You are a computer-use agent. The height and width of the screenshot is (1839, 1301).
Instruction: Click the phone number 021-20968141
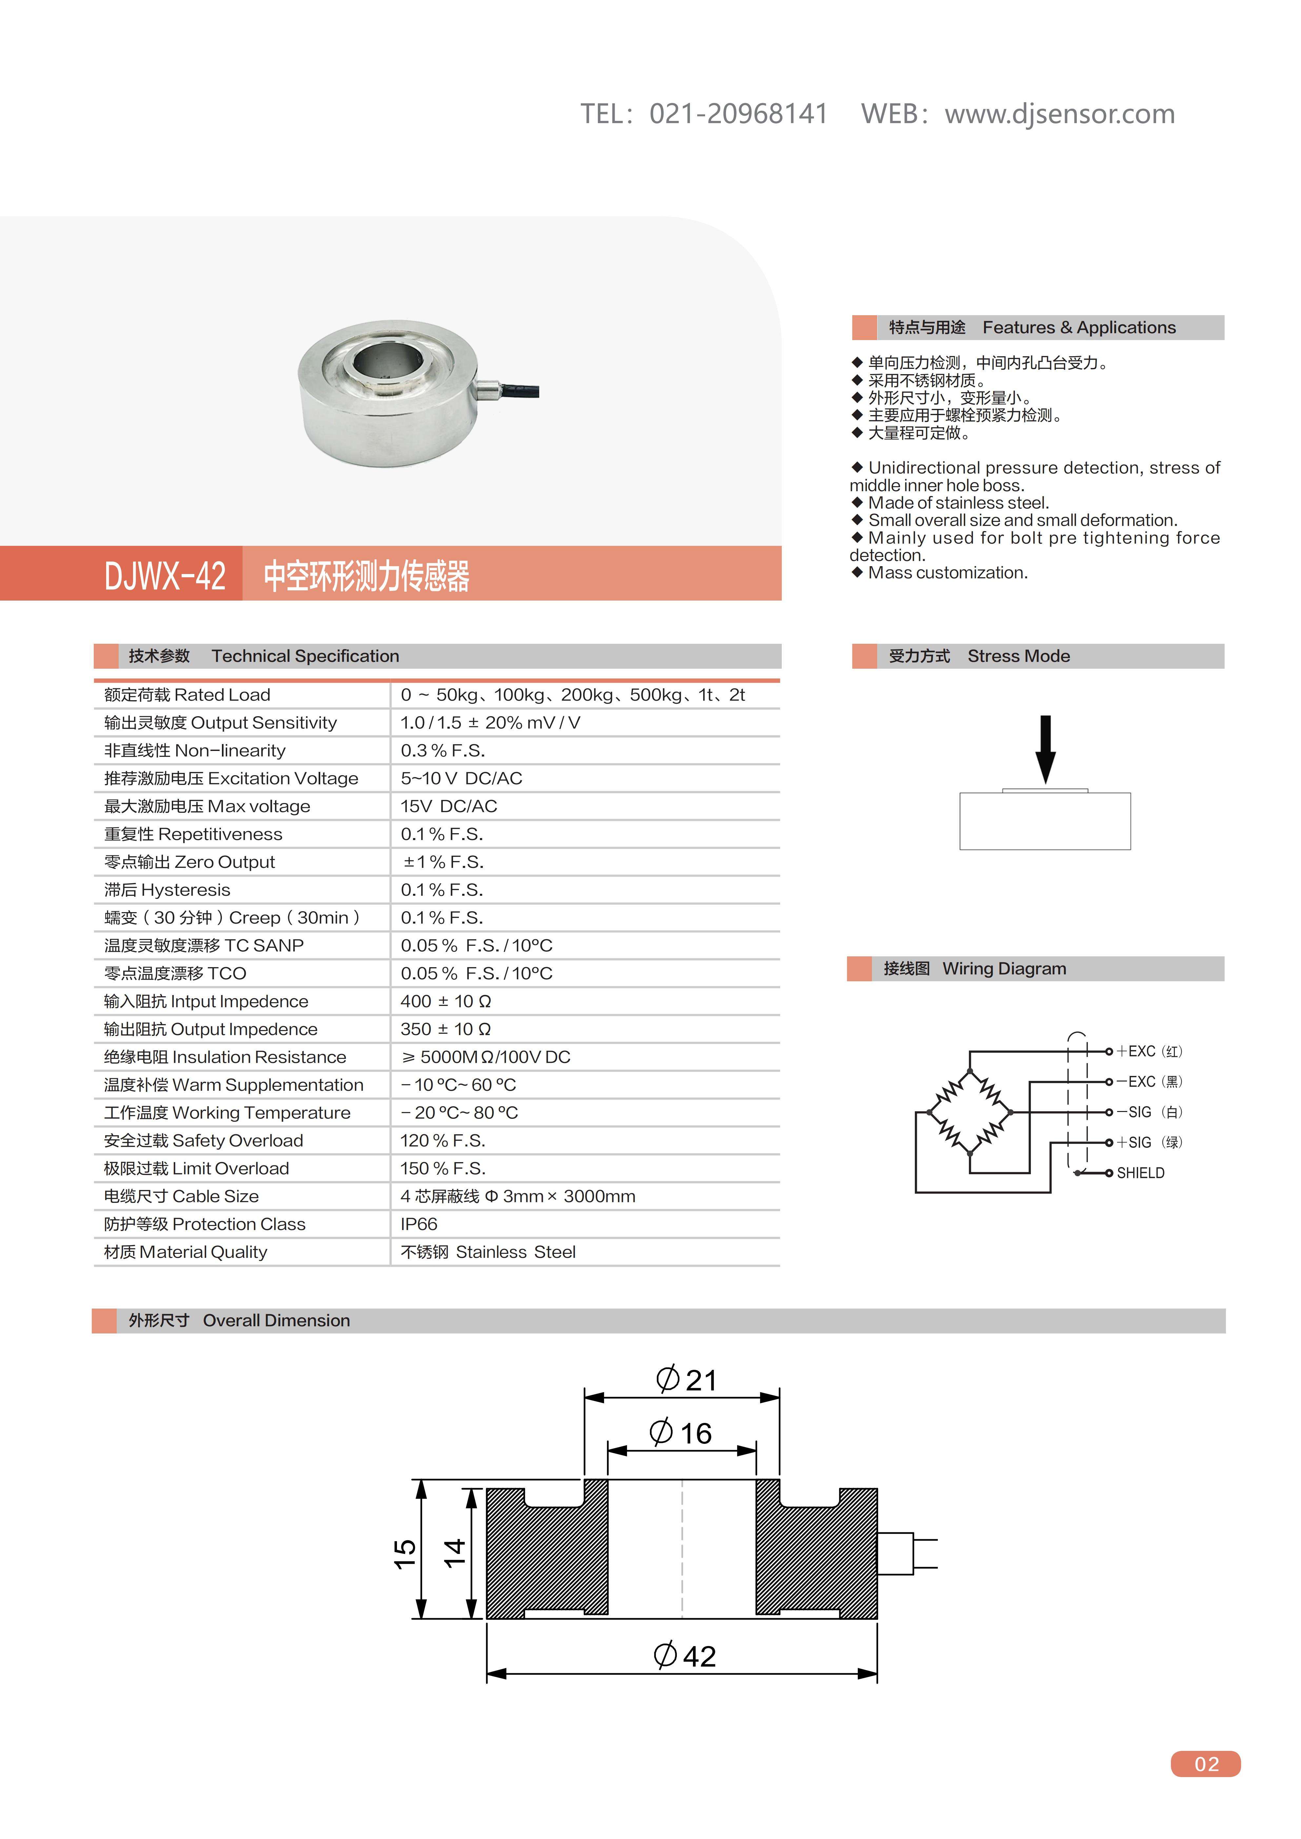click(738, 114)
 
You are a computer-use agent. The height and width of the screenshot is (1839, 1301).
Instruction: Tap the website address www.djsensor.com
click(1059, 114)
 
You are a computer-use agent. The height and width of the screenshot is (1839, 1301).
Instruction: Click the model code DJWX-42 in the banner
click(165, 575)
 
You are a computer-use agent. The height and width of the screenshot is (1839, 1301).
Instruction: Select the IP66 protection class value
click(419, 1224)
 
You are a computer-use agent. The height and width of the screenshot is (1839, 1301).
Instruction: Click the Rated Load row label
click(187, 695)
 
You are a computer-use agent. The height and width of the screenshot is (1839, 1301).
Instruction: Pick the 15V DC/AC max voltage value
click(449, 806)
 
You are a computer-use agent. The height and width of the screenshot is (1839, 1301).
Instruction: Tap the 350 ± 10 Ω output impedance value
click(445, 1029)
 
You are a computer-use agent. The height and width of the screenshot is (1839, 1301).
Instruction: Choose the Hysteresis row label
click(168, 890)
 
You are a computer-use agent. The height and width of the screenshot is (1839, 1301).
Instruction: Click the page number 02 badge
click(1206, 1764)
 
